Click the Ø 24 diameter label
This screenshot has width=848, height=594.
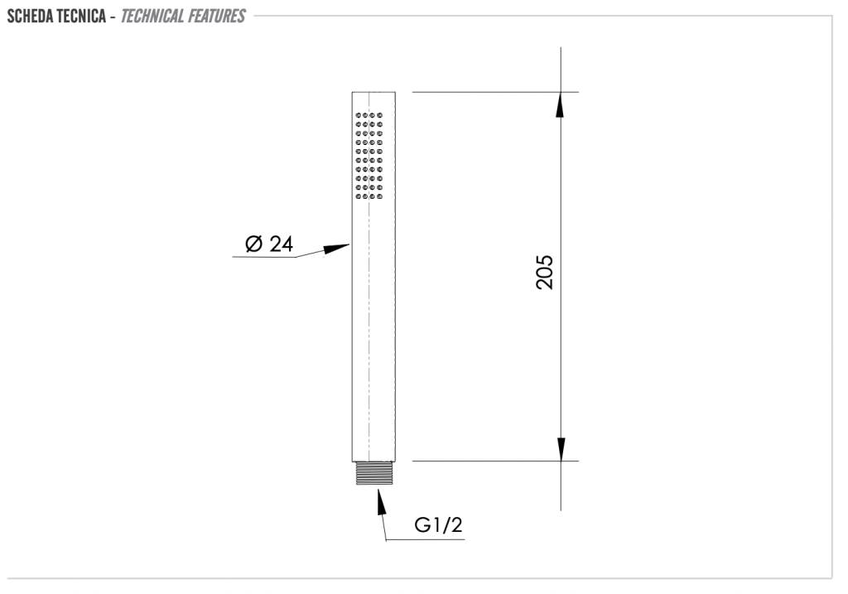coord(269,244)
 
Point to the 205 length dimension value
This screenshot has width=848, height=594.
coord(545,273)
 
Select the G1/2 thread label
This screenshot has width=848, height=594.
coord(439,524)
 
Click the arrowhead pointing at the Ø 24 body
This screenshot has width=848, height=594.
coord(336,249)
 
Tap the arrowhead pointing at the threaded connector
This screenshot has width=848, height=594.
coord(381,501)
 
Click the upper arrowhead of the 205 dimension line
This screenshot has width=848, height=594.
coord(561,104)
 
